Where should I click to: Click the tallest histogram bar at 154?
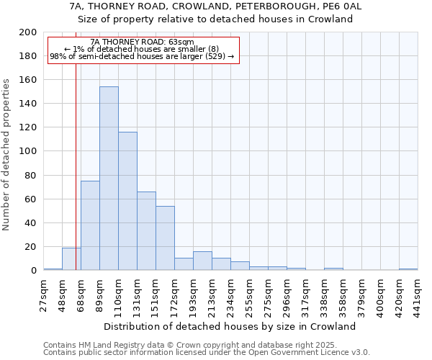tap(109, 179)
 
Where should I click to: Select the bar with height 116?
tap(127, 201)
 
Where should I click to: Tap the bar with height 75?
tap(90, 225)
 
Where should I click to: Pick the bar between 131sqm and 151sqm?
tap(146, 230)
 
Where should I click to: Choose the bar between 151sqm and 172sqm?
tap(165, 238)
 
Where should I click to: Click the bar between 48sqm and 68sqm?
tap(71, 259)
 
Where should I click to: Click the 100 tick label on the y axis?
tap(28, 151)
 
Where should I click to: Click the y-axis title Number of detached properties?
tap(7, 151)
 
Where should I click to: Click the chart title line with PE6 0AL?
tap(215, 6)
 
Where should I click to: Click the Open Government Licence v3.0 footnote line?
tap(207, 353)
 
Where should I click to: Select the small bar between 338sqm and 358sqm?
tap(333, 269)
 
